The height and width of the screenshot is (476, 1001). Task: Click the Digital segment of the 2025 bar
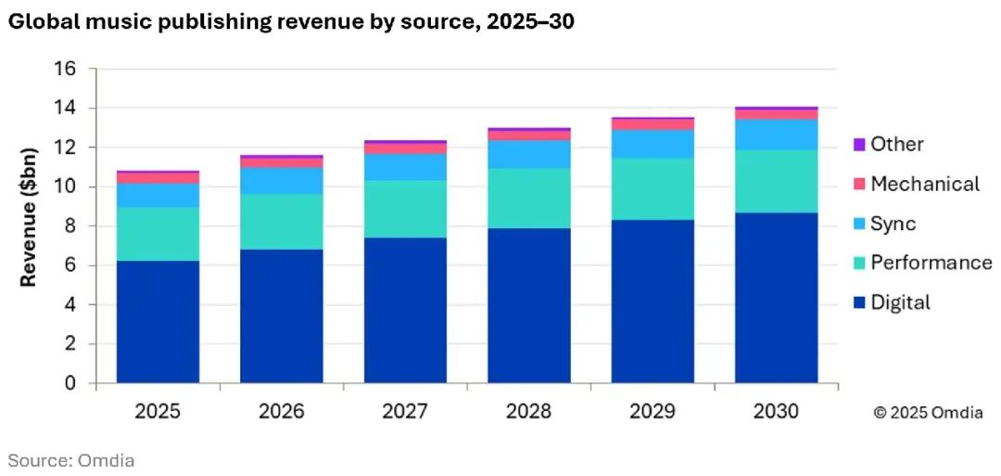click(158, 321)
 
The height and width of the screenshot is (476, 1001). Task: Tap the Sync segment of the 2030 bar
click(777, 135)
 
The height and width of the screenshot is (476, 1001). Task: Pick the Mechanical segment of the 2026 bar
click(282, 162)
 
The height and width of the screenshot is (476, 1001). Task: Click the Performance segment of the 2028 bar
click(529, 198)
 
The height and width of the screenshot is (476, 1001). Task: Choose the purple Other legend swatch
click(858, 145)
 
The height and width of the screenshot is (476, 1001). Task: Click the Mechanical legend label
click(924, 184)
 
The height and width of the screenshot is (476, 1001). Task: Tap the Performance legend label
click(931, 263)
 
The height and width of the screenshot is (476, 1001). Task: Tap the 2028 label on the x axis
click(529, 411)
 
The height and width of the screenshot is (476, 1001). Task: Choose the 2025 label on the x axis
click(158, 411)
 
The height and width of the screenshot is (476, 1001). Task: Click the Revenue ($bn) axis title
click(30, 217)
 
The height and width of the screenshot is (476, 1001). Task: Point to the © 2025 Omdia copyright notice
click(929, 413)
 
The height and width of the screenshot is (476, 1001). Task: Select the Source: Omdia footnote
click(71, 459)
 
